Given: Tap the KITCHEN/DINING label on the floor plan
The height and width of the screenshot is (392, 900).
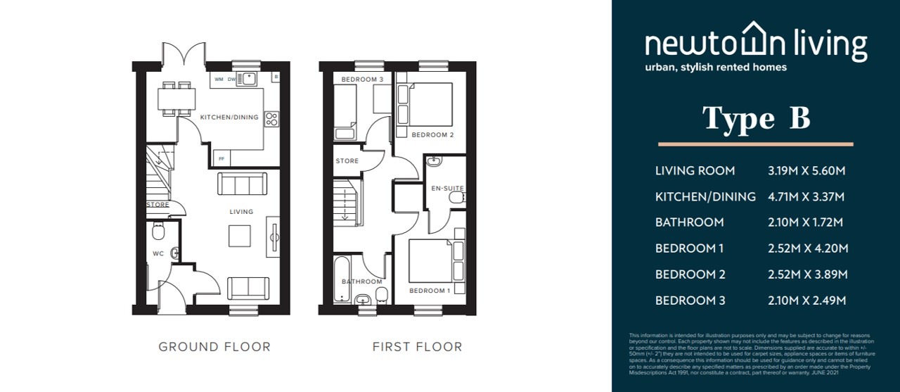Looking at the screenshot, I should [x=229, y=117].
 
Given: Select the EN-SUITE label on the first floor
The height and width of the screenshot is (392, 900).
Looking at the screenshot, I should [x=447, y=188].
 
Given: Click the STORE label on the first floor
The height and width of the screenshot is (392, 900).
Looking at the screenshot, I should [x=347, y=161].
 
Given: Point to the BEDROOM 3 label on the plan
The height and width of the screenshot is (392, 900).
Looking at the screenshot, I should [x=362, y=80].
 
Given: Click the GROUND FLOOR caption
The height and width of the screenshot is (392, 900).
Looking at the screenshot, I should [x=214, y=346].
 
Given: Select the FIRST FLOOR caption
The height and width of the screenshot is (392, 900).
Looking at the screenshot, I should [x=417, y=346].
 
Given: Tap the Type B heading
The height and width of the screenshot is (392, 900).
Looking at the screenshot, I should [x=757, y=119].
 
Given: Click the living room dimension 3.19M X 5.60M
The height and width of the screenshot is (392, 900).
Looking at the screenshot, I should [x=806, y=170].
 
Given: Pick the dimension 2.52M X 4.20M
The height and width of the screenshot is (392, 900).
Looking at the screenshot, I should [x=808, y=248].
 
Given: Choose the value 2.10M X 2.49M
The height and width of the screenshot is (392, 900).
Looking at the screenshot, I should [x=806, y=301].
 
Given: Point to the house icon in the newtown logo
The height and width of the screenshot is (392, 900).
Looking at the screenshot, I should [x=753, y=39].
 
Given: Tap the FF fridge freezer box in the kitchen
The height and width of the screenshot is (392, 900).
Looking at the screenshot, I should [x=221, y=159].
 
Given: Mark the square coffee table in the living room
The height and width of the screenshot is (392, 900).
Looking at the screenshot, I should [x=239, y=236].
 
